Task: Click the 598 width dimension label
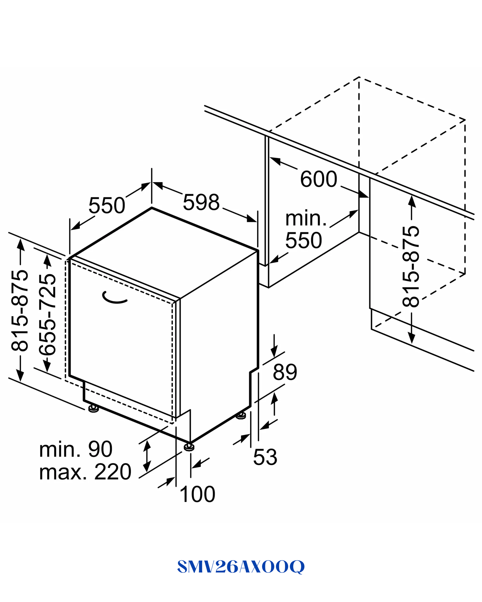tap(201, 202)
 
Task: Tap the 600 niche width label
tap(318, 179)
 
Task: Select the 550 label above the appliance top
tap(107, 205)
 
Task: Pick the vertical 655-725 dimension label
tap(47, 314)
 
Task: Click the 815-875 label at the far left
tap(19, 310)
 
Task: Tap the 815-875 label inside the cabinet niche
tap(411, 267)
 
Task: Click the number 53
tap(265, 457)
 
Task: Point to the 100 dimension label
tap(198, 495)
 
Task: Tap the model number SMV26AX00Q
tap(241, 567)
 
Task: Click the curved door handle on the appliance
tap(114, 298)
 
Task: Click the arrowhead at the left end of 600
tap(275, 161)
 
